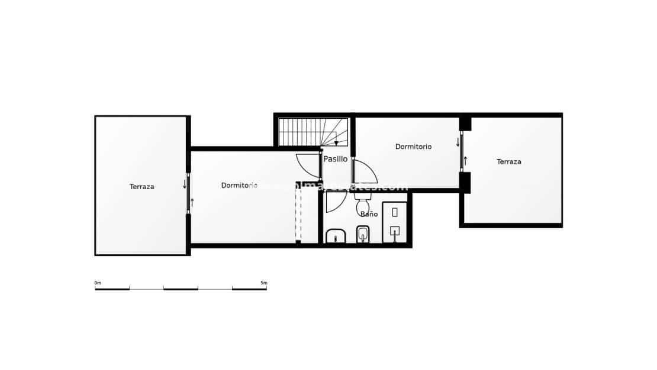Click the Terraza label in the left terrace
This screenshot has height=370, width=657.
tap(142, 187)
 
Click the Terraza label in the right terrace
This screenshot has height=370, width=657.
tap(509, 161)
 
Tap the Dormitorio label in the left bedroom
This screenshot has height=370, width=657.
tap(239, 185)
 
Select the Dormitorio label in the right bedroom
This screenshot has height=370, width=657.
tap(413, 147)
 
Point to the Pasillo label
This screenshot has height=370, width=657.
tap(336, 159)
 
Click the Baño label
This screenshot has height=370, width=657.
tap(369, 214)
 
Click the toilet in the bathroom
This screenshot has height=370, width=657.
tap(362, 206)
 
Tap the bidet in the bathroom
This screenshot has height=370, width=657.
tap(363, 235)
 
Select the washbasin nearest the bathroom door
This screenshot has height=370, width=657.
tap(336, 236)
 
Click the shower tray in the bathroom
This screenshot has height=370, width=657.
tap(394, 222)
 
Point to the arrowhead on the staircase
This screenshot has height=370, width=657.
tap(336, 143)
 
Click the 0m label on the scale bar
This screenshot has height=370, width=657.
tap(98, 283)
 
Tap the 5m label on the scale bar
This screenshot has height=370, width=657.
tap(263, 283)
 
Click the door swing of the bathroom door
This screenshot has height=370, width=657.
tap(335, 201)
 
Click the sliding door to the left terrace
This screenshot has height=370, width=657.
tap(188, 192)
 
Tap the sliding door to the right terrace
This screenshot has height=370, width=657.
tap(461, 152)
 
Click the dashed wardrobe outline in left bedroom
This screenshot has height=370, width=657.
tap(298, 213)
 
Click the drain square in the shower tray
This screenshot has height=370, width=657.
tap(395, 231)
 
